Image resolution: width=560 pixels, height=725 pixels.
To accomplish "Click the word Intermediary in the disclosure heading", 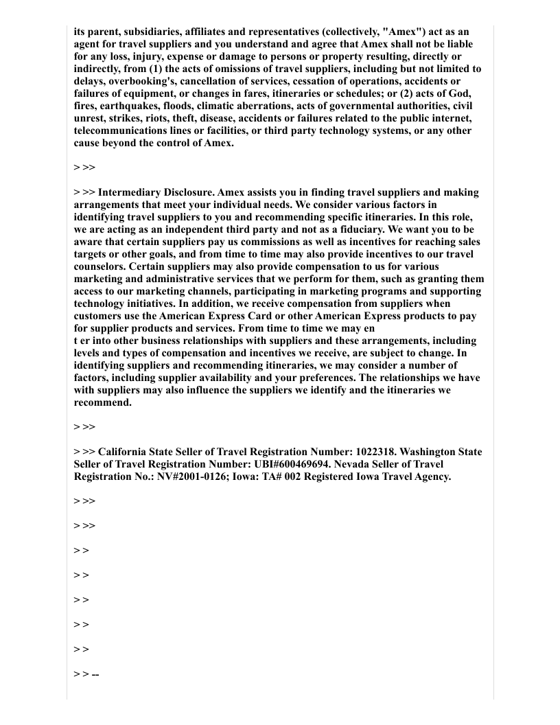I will (x=132, y=192).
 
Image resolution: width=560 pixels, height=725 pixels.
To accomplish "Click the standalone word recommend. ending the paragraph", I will (x=102, y=402).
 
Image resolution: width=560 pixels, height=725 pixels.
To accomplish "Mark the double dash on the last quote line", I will (x=95, y=675).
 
